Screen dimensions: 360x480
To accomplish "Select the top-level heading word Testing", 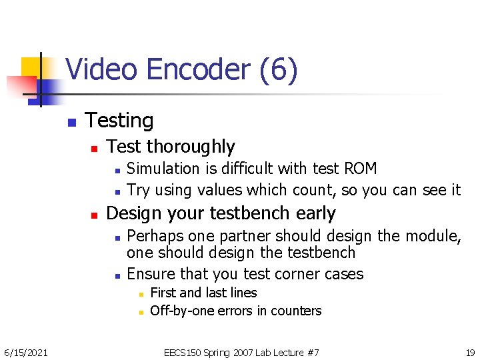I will [x=119, y=121].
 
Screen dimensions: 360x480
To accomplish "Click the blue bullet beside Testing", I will [x=71, y=123].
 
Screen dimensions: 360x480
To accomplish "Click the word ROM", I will [x=360, y=169].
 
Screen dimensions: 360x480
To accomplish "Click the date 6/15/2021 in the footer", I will [x=25, y=352].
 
